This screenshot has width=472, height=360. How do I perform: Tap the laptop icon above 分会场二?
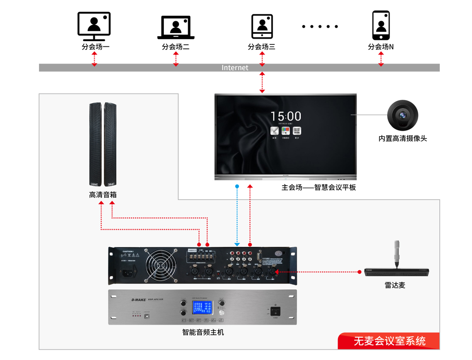176,27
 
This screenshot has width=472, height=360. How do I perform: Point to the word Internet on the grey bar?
235,68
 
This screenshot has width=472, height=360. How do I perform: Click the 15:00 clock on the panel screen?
286,116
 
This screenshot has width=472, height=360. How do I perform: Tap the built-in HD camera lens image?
403,115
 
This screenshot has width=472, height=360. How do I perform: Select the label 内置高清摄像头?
403,138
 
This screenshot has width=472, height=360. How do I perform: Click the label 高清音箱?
103,195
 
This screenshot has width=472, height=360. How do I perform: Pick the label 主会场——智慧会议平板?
318,188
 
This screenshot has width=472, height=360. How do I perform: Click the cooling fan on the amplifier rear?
160,265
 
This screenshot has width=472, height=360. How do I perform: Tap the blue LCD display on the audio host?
202,308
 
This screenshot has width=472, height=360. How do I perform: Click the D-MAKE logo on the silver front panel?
139,300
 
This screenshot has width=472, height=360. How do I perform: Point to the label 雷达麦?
395,285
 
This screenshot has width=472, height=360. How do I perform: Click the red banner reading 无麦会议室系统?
389,341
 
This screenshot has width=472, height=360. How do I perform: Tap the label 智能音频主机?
203,332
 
